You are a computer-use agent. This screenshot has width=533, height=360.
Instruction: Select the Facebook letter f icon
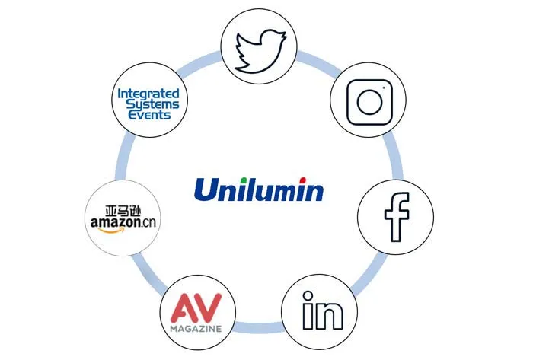tap(396, 215)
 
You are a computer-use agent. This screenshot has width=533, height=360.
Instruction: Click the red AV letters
tap(196, 307)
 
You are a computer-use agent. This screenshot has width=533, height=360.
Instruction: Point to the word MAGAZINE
tap(196, 328)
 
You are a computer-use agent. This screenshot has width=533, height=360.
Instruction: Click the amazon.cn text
tap(121, 222)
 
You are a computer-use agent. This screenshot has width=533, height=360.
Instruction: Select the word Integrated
tap(149, 94)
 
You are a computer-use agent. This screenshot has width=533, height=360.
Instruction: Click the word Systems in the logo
tap(149, 105)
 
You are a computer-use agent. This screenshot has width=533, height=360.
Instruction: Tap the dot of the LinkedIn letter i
tap(306, 301)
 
